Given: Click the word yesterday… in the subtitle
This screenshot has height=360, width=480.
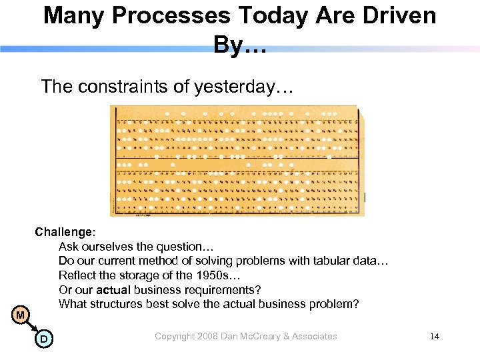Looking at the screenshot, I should tap(243, 87).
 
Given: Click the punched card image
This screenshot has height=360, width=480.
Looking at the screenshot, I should tap(237, 161).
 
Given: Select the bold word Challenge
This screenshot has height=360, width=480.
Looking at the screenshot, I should tap(64, 233).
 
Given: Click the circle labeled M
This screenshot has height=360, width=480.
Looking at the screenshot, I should tap(21, 315).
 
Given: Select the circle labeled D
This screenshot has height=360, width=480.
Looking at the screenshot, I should tap(43, 339).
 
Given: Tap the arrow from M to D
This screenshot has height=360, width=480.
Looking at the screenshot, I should tap(32, 327).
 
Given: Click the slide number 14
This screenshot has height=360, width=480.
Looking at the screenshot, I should tap(435, 337).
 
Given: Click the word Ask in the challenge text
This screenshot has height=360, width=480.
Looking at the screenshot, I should tap(68, 247).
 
